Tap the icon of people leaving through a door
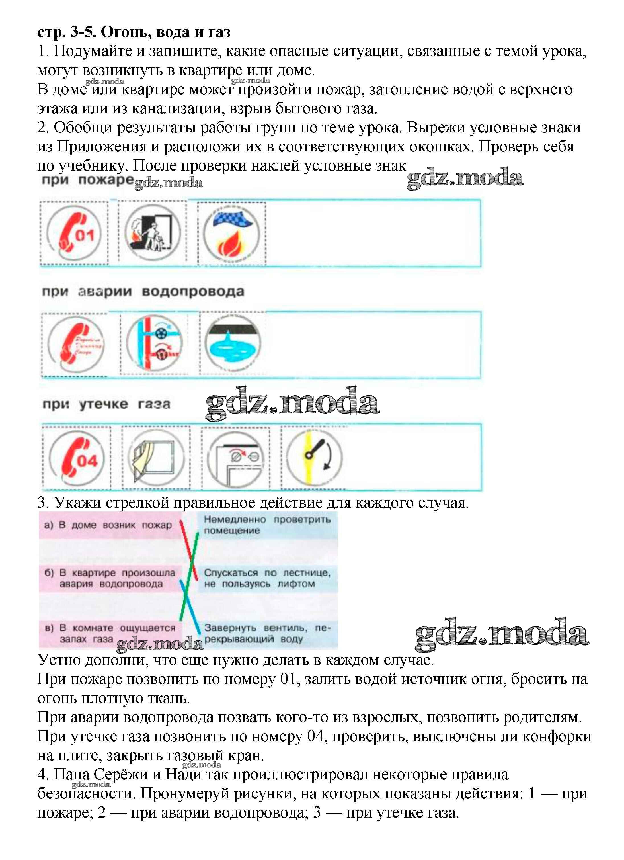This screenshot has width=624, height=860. point(152,232)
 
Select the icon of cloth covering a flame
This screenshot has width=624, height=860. point(231,233)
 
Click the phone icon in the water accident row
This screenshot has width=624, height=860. point(75,345)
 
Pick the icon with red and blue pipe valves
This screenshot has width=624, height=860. point(155,343)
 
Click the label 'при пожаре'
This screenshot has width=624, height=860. point(87,180)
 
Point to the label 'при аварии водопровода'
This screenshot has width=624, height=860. point(143,292)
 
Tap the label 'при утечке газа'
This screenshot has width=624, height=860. point(106,404)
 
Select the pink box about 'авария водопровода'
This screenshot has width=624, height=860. point(110,578)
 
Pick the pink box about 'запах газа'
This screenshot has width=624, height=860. point(110,634)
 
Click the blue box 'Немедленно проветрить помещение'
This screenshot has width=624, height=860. point(267,525)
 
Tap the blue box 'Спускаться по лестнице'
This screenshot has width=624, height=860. point(267,578)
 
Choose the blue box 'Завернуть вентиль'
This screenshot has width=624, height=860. point(267,634)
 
